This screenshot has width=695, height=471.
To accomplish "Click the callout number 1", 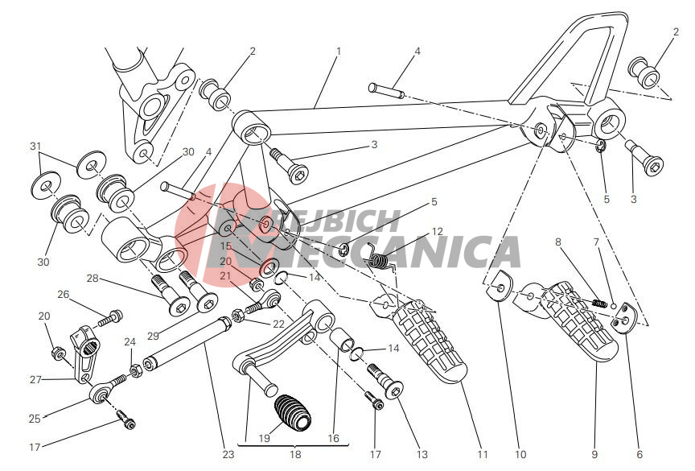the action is click(x=339, y=52).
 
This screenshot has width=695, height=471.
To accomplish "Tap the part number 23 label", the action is click(x=228, y=454).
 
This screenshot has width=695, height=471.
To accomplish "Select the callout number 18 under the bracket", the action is click(x=295, y=454).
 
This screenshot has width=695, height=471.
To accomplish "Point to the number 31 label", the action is click(x=35, y=146).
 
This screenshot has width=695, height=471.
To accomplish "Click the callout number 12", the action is click(x=437, y=232).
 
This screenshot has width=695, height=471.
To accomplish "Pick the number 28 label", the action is click(x=93, y=279).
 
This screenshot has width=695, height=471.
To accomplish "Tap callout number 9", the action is click(x=594, y=454).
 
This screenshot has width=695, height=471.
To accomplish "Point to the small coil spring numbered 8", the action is click(x=598, y=303).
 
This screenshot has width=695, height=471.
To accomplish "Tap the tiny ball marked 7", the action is click(x=614, y=306).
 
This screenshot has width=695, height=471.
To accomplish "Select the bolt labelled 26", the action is click(x=110, y=317).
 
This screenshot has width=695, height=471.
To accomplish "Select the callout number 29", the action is click(x=153, y=336).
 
